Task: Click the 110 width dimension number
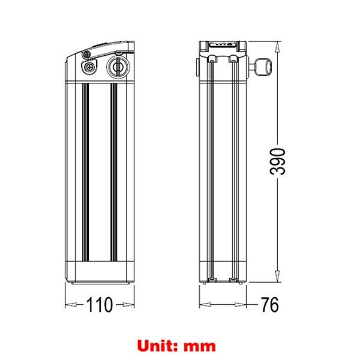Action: click(100, 305)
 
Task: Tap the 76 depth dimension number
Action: click(270, 305)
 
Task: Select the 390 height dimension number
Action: click(278, 161)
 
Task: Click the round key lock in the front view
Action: click(118, 67)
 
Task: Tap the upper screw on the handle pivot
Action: click(87, 55)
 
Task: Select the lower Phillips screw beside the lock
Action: click(89, 67)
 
